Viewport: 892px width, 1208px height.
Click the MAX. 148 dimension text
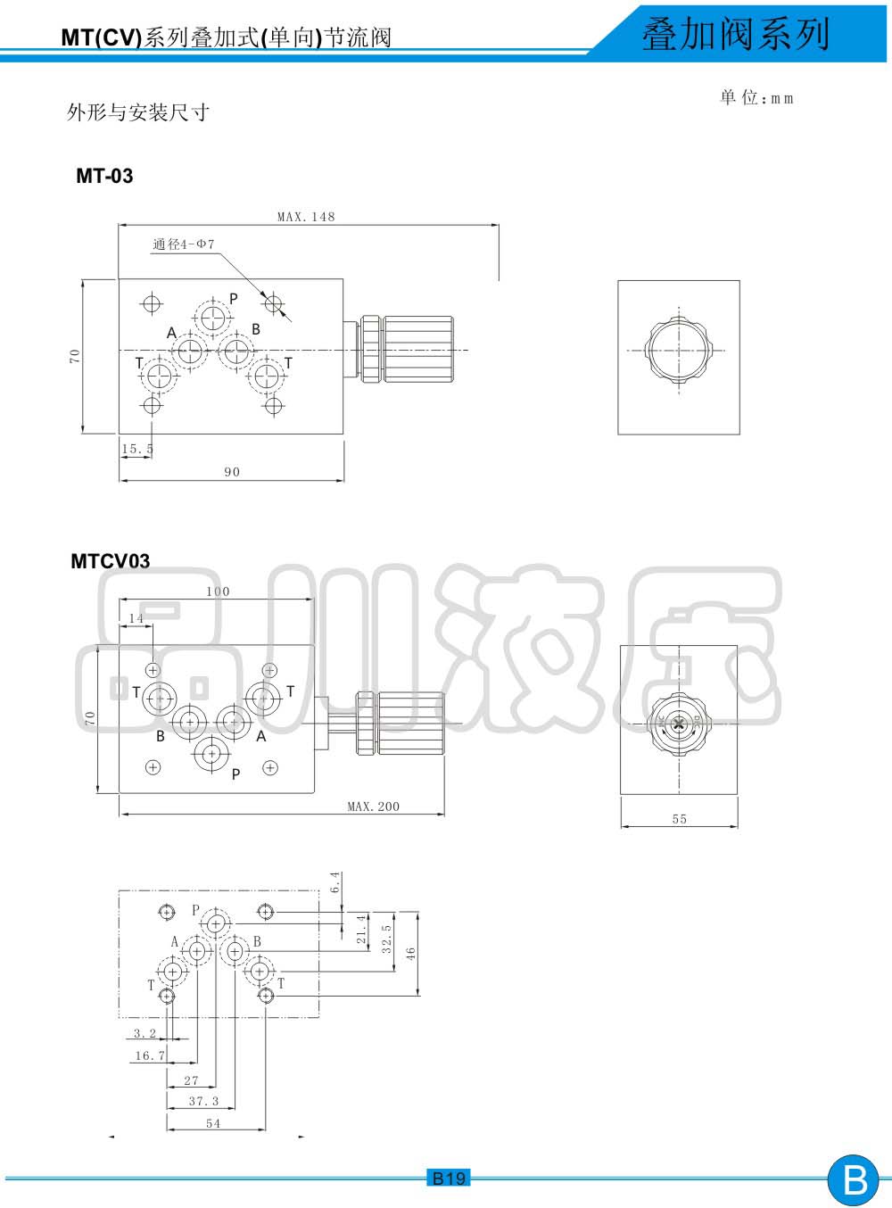click(306, 217)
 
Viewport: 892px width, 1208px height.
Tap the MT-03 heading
click(104, 176)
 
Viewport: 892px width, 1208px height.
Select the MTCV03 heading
click(110, 561)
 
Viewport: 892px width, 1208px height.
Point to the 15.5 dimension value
click(137, 449)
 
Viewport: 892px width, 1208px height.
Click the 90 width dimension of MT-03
click(232, 472)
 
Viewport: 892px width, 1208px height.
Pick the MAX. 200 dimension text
click(374, 806)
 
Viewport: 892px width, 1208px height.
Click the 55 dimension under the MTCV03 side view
click(680, 819)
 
